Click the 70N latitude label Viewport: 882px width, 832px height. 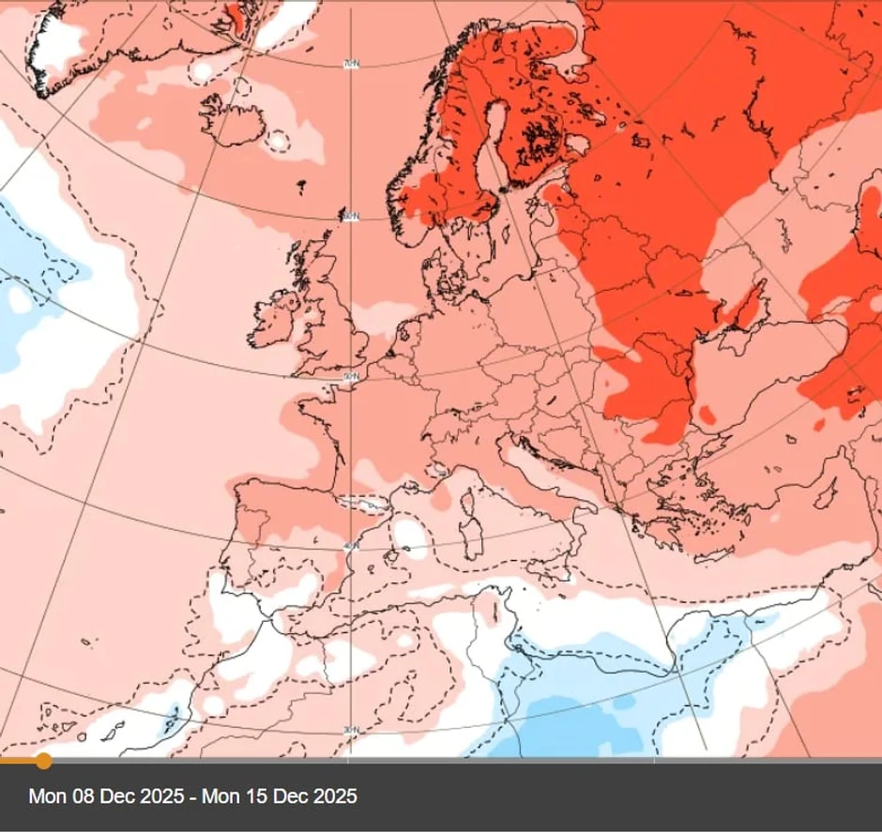(350, 64)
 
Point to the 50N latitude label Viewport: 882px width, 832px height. (350, 376)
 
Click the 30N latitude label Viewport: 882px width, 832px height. (350, 730)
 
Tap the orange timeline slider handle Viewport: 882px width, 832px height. (43, 760)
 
